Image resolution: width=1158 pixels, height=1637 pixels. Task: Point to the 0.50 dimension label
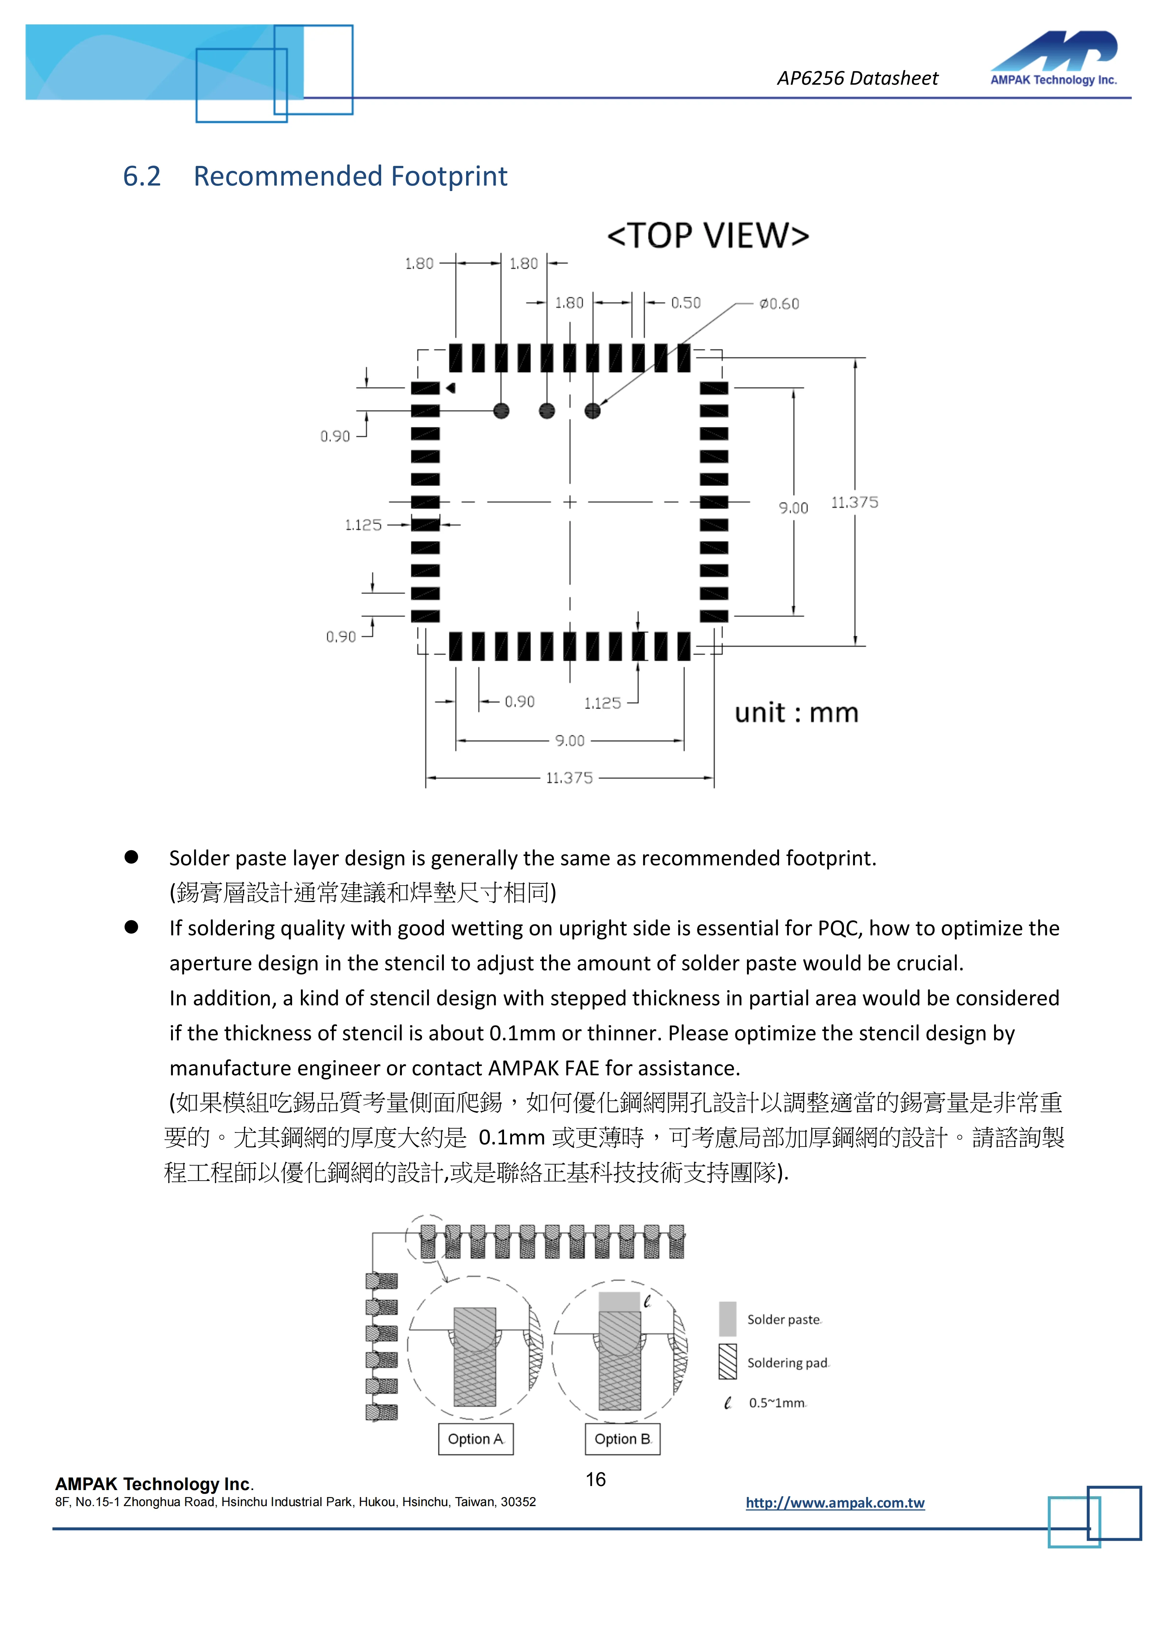[685, 303]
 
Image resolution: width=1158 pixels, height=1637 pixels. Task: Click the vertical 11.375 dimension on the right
[854, 503]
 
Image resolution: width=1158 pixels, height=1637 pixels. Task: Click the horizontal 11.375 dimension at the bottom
[569, 778]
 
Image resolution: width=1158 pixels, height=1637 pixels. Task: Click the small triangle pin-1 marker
[451, 388]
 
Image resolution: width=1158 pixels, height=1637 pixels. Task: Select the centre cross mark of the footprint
[570, 502]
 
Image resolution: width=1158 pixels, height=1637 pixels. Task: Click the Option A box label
[476, 1439]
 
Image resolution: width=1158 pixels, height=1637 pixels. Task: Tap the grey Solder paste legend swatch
[727, 1319]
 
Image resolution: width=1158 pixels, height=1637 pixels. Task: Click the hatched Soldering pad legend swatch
[727, 1362]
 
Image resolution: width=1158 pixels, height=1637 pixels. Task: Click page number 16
[595, 1479]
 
